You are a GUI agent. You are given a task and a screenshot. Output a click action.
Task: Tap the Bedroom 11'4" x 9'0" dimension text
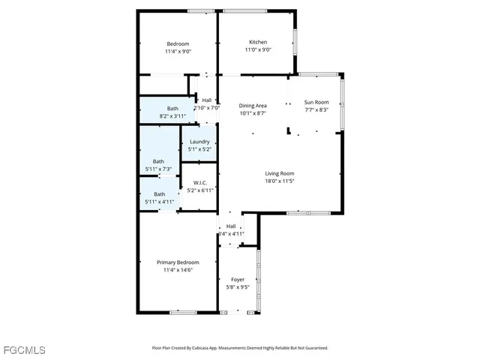[178, 52]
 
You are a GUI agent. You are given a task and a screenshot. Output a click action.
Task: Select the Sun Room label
[316, 102]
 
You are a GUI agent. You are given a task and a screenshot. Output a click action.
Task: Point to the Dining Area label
[253, 106]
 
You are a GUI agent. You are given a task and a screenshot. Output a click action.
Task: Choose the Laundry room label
[199, 142]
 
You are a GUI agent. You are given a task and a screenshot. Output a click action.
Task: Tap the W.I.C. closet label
[200, 182]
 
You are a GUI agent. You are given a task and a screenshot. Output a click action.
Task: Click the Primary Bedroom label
[178, 262]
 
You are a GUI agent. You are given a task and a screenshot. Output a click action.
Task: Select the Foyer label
[238, 279]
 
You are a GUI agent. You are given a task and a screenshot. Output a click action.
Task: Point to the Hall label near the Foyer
[231, 226]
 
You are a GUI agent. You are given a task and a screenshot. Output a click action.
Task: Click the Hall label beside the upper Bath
[206, 100]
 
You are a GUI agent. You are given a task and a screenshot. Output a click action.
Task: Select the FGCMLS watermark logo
[23, 350]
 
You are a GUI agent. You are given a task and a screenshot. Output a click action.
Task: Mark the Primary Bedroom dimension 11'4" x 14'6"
[178, 270]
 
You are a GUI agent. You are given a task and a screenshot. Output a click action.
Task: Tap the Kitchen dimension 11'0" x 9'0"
[258, 49]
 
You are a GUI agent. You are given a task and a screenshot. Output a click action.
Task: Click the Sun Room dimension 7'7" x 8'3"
[316, 109]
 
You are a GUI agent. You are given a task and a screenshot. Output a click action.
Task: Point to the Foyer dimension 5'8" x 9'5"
[238, 286]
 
